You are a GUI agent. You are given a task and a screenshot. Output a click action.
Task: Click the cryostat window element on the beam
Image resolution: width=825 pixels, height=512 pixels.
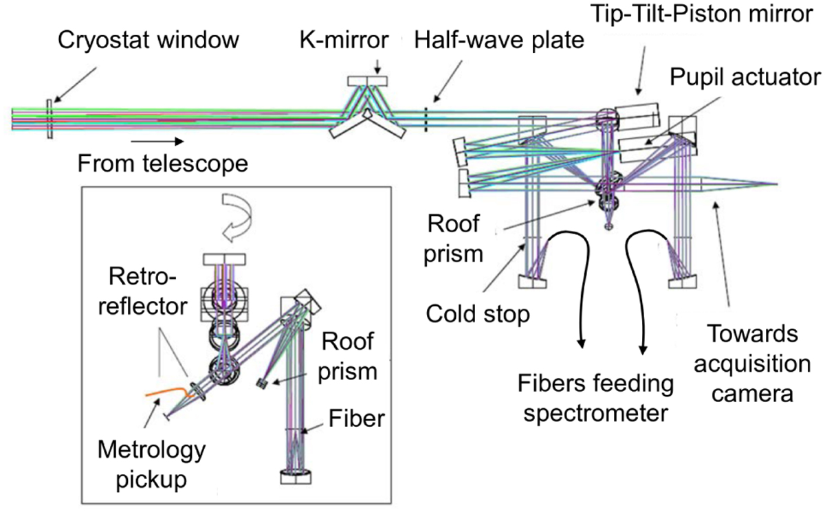(x=49, y=119)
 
